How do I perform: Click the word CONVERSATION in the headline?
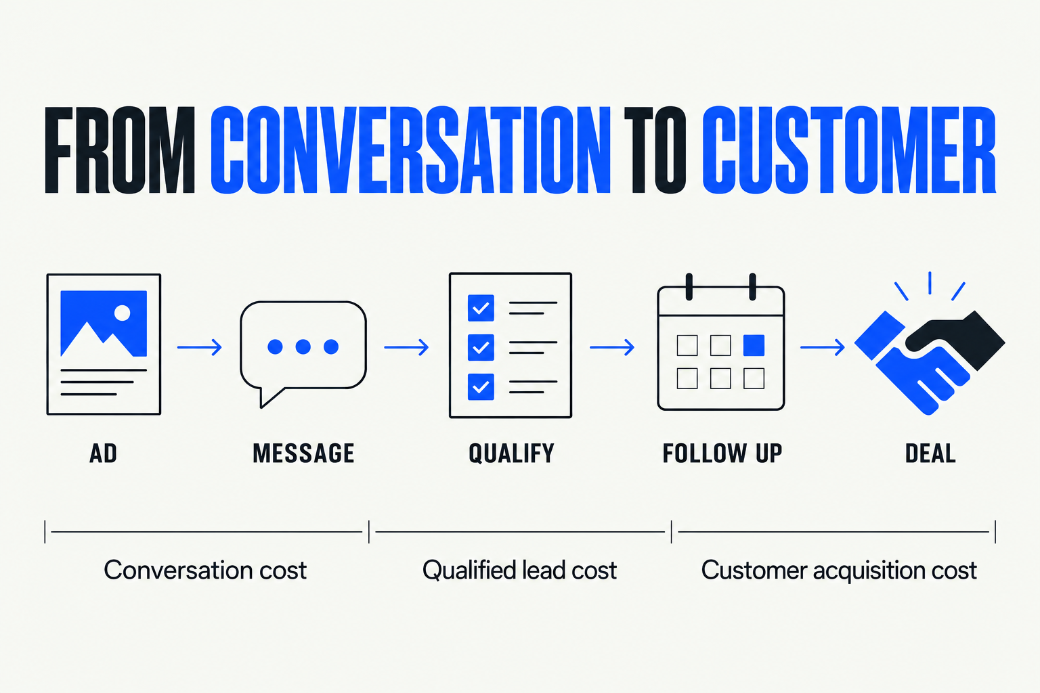pyautogui.click(x=410, y=150)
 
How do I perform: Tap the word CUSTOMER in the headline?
pyautogui.click(x=849, y=150)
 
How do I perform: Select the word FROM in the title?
pyautogui.click(x=120, y=150)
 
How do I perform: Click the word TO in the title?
pyautogui.click(x=655, y=150)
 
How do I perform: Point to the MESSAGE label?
pyautogui.click(x=303, y=453)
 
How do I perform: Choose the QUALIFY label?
pyautogui.click(x=511, y=453)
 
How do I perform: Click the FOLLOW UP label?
pyautogui.click(x=722, y=453)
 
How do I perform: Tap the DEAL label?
pyautogui.click(x=930, y=453)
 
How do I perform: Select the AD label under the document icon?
pyautogui.click(x=103, y=453)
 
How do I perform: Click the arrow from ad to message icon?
pyautogui.click(x=200, y=346)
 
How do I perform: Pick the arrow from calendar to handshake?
pyautogui.click(x=823, y=346)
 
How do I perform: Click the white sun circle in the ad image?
pyautogui.click(x=122, y=313)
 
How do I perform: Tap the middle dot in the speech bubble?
pyautogui.click(x=303, y=346)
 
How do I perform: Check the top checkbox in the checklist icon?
pyautogui.click(x=481, y=308)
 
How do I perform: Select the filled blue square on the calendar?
pyautogui.click(x=754, y=345)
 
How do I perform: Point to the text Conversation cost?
pyautogui.click(x=204, y=570)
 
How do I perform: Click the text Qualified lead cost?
pyautogui.click(x=519, y=570)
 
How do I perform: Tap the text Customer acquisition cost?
pyautogui.click(x=838, y=571)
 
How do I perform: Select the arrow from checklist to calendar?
pyautogui.click(x=612, y=346)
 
